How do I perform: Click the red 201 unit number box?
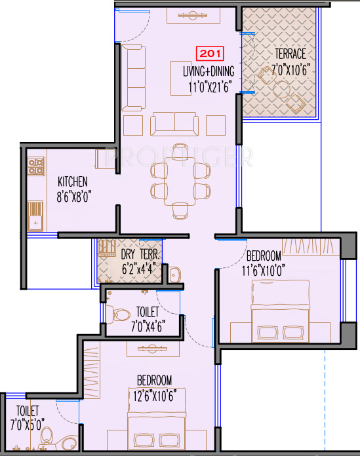210,54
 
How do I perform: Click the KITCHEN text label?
72,181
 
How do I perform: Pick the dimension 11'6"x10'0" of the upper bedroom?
272,268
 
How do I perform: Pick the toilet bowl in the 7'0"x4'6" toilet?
122,314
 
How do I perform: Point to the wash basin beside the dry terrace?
174,275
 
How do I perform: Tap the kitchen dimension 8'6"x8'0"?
72,194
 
